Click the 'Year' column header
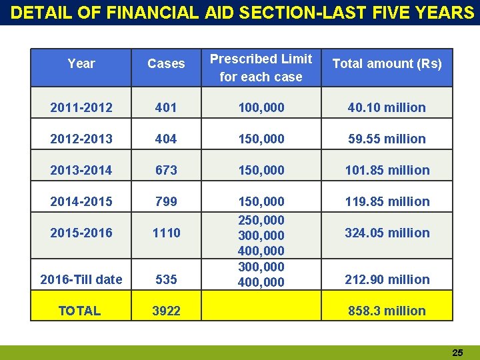81,64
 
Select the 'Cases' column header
166,64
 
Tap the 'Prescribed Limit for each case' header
261,68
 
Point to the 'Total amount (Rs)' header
387,64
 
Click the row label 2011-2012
81,107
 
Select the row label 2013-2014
81,170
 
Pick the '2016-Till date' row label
81,279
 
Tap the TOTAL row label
79,311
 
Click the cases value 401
166,107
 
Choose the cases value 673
166,170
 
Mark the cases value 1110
166,233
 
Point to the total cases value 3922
166,311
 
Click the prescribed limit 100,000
261,107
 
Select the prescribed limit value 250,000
261,220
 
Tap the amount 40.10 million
387,107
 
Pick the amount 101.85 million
387,170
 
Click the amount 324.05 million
387,233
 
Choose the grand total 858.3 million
387,311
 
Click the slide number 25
457,353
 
